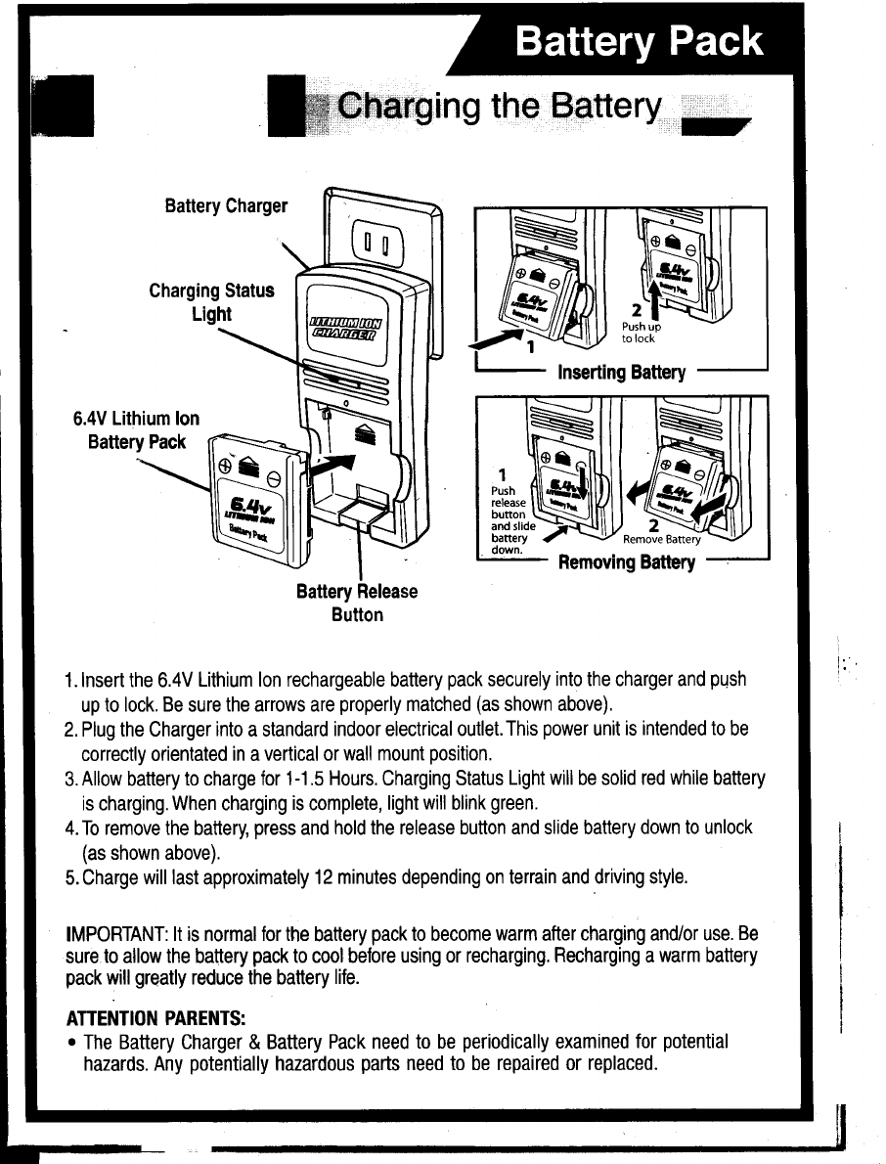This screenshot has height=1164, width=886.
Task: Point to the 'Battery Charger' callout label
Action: pos(226,206)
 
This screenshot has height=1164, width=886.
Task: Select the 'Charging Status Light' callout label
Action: pos(211,302)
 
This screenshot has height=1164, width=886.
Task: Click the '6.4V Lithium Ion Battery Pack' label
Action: pos(136,430)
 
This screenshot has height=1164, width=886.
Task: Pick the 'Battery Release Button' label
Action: pos(356,604)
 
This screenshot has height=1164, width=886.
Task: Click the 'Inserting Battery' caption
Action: pos(621,373)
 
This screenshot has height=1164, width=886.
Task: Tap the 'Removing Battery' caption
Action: pos(626,562)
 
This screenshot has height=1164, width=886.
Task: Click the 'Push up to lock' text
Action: pos(642,334)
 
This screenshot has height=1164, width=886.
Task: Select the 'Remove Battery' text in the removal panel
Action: pos(662,539)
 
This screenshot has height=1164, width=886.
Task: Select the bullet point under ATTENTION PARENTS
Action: pos(72,1043)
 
